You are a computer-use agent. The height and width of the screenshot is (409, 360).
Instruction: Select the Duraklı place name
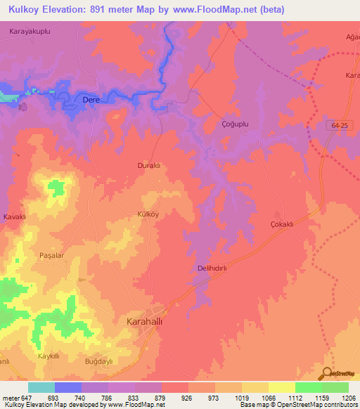149,165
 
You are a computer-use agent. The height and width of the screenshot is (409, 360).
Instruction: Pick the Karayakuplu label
30,32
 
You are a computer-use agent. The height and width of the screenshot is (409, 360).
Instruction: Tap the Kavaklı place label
14,216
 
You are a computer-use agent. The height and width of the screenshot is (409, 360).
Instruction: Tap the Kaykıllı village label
51,356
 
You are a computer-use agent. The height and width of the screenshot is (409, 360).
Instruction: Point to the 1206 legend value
348,397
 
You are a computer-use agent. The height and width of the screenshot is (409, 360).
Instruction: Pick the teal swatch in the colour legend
41,387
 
